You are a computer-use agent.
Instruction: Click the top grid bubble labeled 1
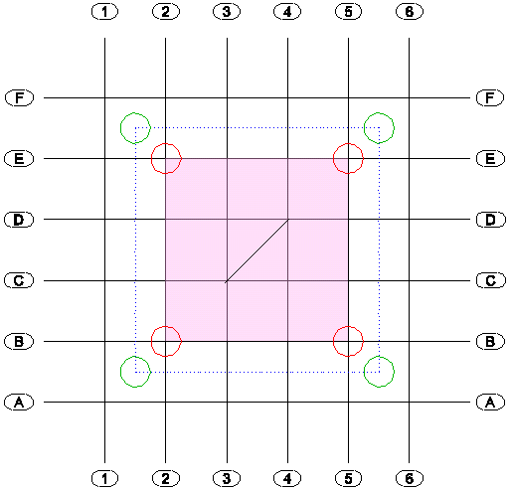click(104, 12)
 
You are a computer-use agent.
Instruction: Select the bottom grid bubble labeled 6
click(410, 478)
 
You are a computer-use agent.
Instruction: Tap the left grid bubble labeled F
click(19, 97)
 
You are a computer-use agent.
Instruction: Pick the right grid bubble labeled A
click(490, 403)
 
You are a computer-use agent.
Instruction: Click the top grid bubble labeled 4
click(287, 12)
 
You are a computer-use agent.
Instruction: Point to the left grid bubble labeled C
click(19, 280)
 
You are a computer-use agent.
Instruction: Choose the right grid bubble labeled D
click(491, 220)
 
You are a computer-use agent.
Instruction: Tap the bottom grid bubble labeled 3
click(227, 478)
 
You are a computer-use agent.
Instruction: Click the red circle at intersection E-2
click(151, 158)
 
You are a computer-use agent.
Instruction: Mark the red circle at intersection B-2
click(151, 341)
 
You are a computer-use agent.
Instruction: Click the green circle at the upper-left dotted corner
click(120, 128)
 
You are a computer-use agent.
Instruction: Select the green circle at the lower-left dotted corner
click(120, 372)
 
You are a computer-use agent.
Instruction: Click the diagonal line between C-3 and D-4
click(257, 250)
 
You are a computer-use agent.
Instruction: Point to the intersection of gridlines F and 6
click(409, 97)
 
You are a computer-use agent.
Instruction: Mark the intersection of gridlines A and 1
click(104, 403)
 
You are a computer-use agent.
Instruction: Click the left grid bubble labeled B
click(19, 341)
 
